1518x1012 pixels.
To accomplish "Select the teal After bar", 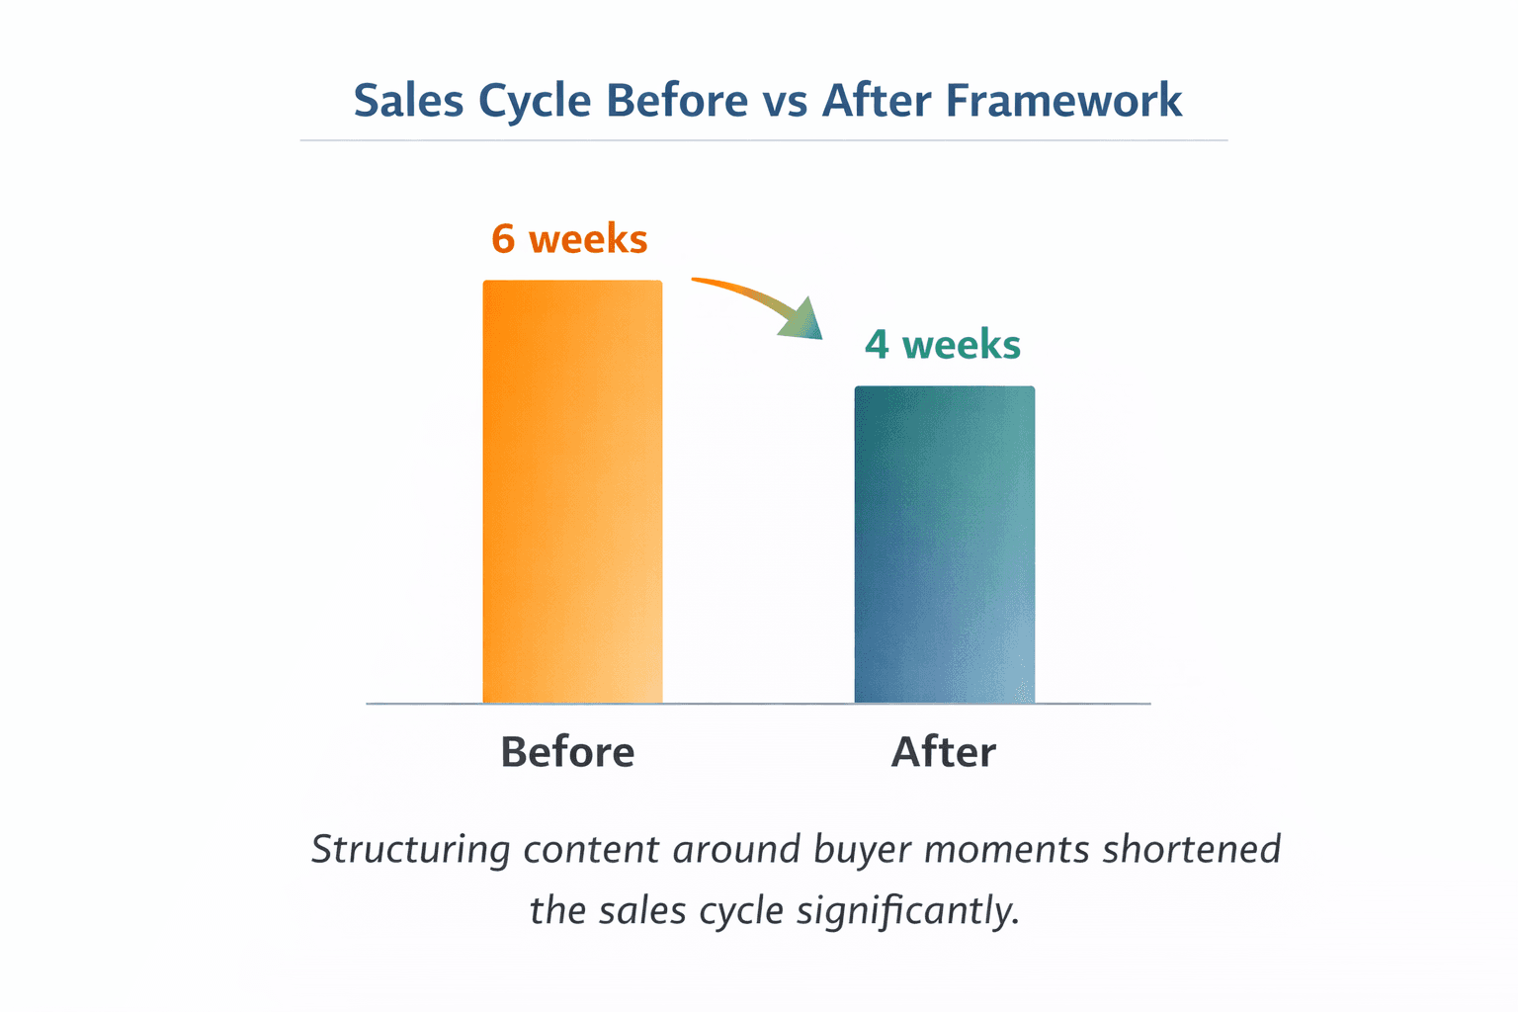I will coord(944,545).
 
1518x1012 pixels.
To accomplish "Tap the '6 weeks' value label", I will coord(569,239).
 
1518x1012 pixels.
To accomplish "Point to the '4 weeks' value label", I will coord(942,345).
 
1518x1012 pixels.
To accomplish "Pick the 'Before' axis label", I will coord(567,752).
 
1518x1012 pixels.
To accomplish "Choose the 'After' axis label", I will coord(943,752).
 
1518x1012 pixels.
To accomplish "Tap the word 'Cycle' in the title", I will coord(534,101).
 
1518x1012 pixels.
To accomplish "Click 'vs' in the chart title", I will coord(786,101).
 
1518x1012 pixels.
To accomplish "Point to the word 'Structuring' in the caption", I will coord(410,850).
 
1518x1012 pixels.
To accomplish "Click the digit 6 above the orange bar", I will coord(503,239).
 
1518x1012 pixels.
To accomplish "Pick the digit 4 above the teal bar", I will coord(877,345).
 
